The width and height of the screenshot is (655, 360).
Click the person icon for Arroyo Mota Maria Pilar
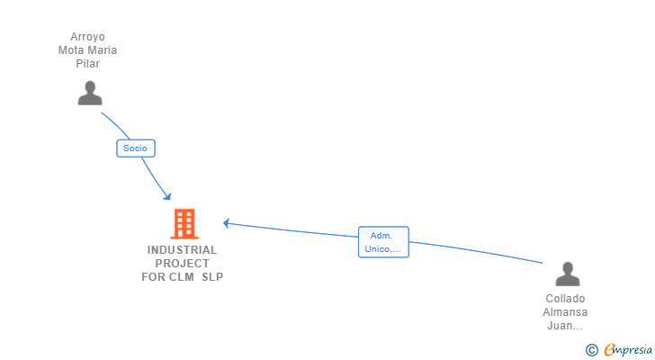click(x=89, y=93)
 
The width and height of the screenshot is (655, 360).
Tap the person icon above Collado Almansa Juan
click(x=567, y=274)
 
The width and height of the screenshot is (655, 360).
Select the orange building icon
click(x=184, y=223)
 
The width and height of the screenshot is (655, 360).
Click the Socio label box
click(x=136, y=148)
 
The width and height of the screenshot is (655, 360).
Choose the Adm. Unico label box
click(x=383, y=242)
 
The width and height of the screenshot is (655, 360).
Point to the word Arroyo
click(x=87, y=38)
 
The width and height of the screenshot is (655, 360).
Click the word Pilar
click(x=87, y=64)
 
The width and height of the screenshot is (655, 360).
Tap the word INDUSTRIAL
click(x=183, y=250)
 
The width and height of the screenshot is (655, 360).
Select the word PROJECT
click(x=183, y=264)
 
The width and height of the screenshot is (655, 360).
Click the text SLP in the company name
click(x=212, y=277)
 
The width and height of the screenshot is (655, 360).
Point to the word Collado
click(x=565, y=299)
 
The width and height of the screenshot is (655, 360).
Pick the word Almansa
click(x=565, y=312)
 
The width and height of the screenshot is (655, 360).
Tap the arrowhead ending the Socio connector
click(x=166, y=195)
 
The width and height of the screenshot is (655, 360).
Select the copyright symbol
click(x=591, y=350)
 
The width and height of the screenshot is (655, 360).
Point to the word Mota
click(x=72, y=50)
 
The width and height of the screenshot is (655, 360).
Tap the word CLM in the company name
click(x=183, y=277)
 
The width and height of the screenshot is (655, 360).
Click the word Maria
click(x=103, y=50)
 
